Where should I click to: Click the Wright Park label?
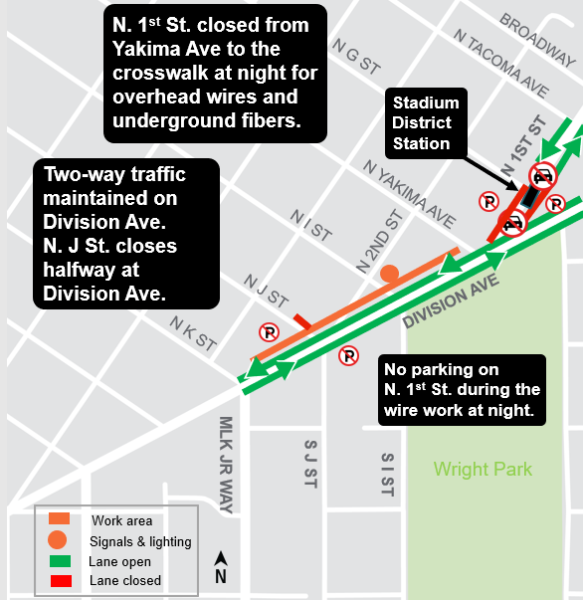(x=483, y=469)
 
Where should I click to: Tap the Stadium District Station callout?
(x=426, y=122)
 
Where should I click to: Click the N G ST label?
(x=357, y=59)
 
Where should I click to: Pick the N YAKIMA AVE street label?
(x=409, y=193)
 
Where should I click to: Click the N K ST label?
(x=193, y=334)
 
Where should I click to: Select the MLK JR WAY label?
(x=226, y=465)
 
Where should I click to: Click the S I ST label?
(x=387, y=474)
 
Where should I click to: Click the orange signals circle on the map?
(x=389, y=273)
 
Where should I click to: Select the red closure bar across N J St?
(x=300, y=321)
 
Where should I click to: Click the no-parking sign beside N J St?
(x=268, y=332)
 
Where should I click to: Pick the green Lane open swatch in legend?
(x=59, y=561)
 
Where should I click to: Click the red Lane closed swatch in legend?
(x=59, y=580)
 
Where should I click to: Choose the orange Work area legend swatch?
(x=59, y=519)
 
